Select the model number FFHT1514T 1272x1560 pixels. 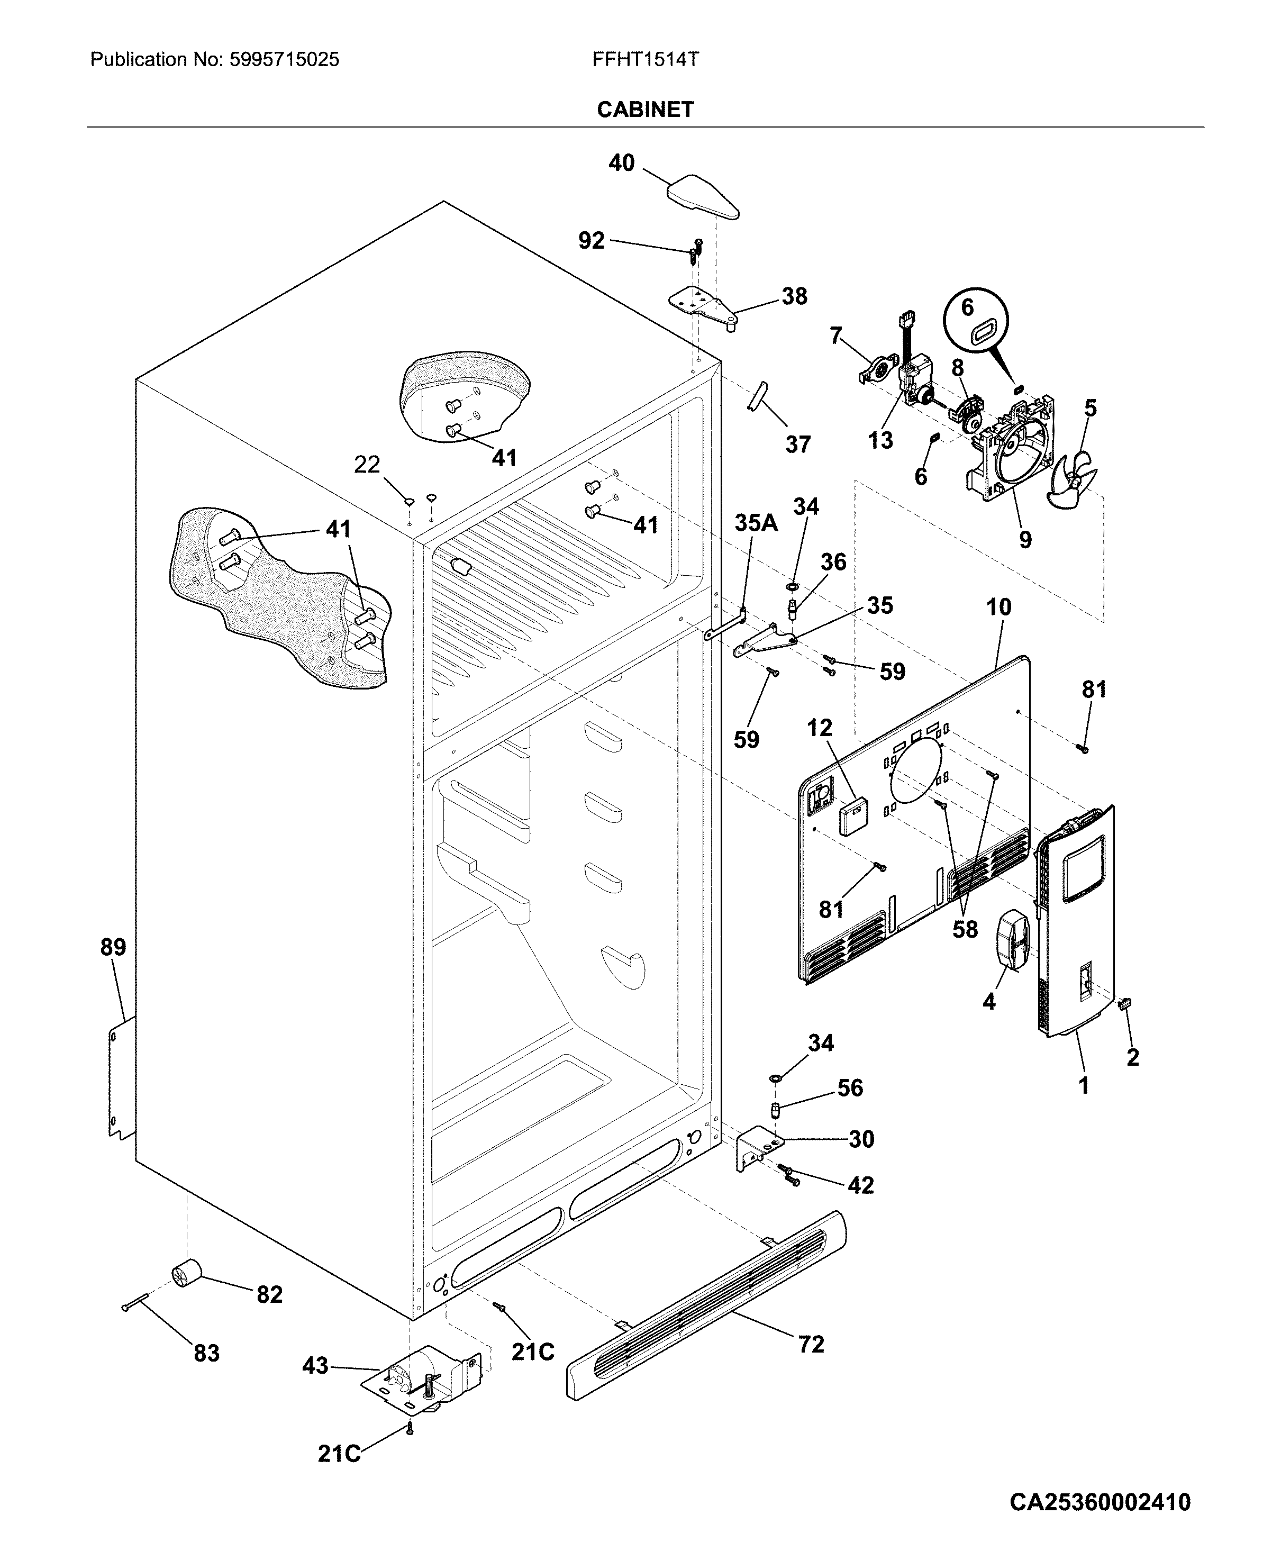click(x=645, y=59)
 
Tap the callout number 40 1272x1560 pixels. click(x=621, y=162)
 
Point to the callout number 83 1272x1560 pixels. click(x=207, y=1353)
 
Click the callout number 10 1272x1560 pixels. click(x=998, y=607)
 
